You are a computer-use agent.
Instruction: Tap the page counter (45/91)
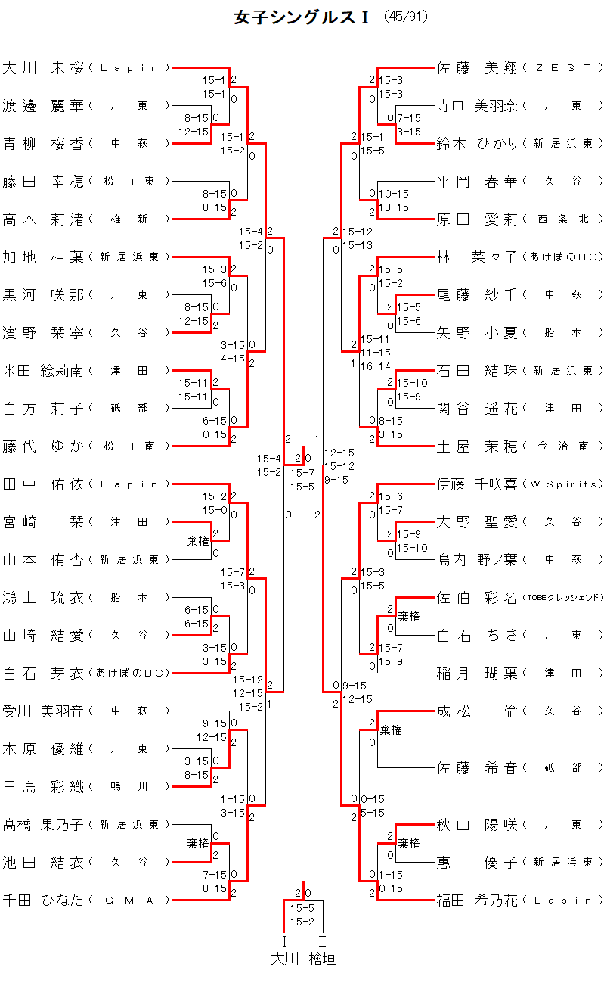tap(405, 17)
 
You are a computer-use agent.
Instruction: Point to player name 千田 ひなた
tap(43, 900)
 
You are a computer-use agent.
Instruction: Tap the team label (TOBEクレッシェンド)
tap(563, 598)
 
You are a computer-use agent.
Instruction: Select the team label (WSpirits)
tap(563, 484)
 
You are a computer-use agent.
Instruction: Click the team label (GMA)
tap(129, 901)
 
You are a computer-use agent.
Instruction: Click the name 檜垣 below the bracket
tap(322, 959)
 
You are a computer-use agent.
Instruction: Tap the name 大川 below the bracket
tap(285, 959)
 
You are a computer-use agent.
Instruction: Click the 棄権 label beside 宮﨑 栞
tap(198, 541)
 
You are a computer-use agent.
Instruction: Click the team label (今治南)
tap(563, 446)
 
